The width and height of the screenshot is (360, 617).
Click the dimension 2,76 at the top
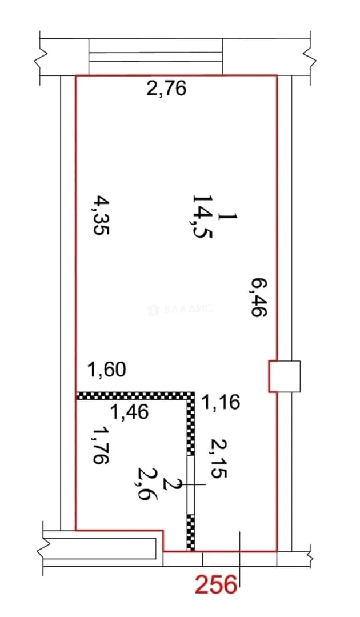[x=166, y=89]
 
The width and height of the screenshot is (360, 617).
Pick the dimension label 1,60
[x=107, y=370]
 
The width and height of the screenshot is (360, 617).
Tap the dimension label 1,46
[x=130, y=411]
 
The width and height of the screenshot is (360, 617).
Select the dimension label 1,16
[x=221, y=402]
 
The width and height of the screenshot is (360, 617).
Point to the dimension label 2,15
[x=218, y=458]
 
